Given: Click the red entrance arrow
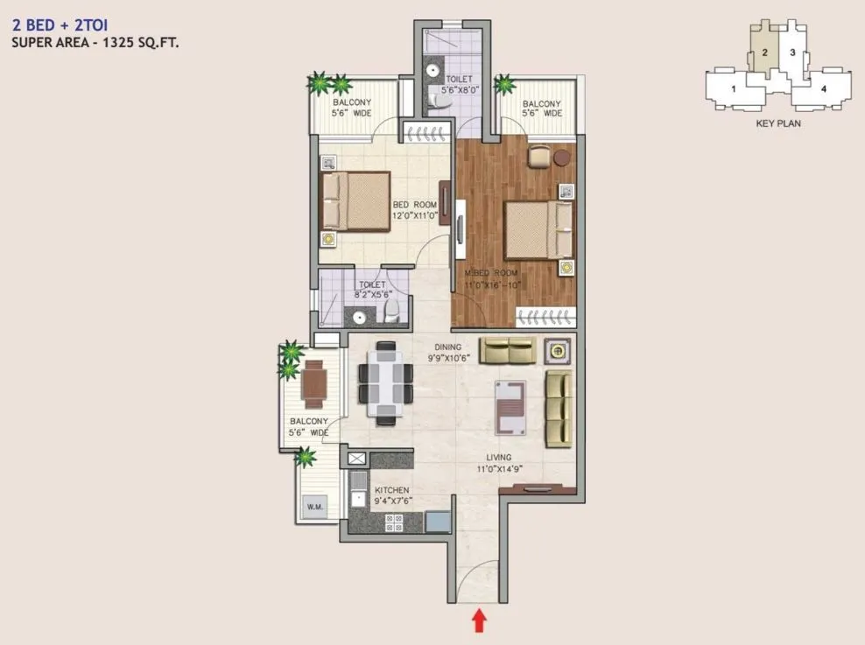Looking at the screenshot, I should coord(479,620).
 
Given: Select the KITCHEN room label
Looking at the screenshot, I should coord(391,491).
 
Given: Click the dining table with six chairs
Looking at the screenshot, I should coord(385,382).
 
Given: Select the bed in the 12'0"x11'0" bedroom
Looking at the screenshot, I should coord(355,201).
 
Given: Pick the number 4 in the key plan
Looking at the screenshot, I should coord(822,88).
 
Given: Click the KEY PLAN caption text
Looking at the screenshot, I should coord(777,123).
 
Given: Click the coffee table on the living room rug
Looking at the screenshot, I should coord(510,407).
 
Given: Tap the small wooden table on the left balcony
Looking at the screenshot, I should coord(313,382).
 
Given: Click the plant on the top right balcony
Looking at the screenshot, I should coord(505,85).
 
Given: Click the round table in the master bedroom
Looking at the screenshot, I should coord(561,157).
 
